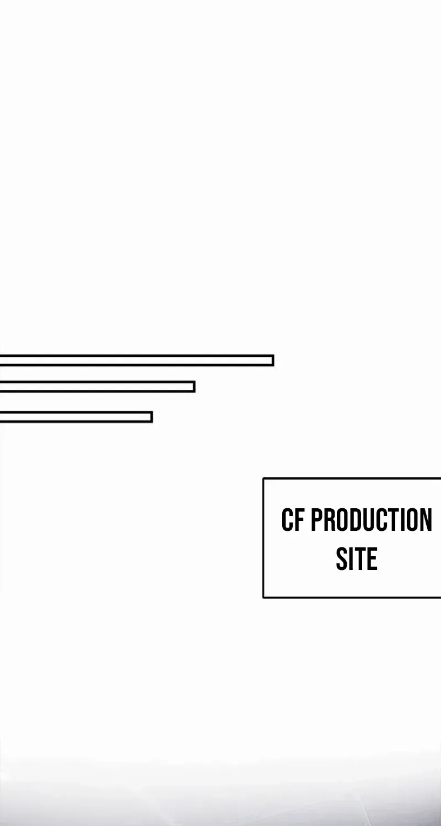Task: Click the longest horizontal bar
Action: tap(137, 360)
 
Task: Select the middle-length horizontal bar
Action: tap(98, 387)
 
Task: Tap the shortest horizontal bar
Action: tap(76, 417)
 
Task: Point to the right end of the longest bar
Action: tap(273, 360)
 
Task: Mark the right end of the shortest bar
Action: tap(152, 417)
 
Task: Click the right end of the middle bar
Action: tap(195, 387)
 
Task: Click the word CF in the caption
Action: tap(293, 520)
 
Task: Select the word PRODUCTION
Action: tap(371, 520)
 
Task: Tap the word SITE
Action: tap(357, 558)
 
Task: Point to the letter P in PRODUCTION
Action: tap(317, 520)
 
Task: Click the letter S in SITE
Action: tap(342, 558)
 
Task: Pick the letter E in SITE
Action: tap(372, 558)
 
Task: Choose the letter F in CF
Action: tap(299, 520)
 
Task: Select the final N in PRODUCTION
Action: tap(426, 520)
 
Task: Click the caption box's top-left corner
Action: tap(263, 479)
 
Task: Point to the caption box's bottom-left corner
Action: tap(263, 597)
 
